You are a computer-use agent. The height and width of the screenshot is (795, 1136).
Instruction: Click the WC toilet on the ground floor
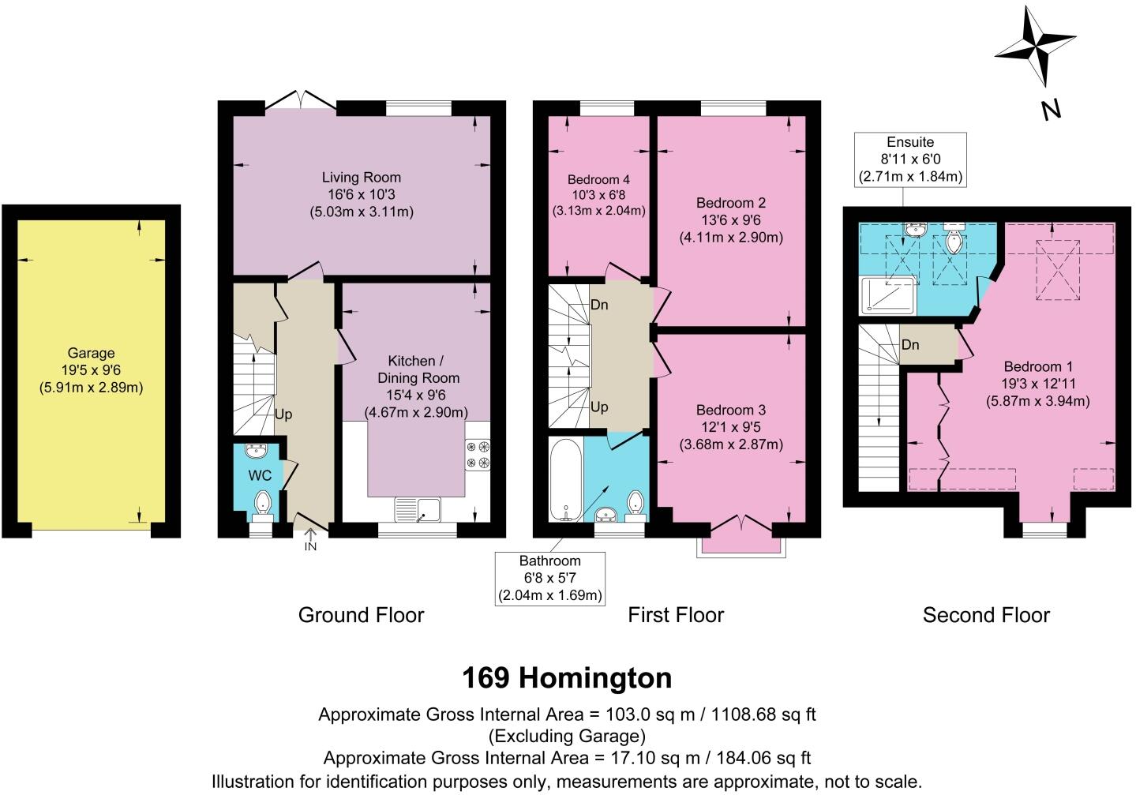pyautogui.click(x=262, y=503)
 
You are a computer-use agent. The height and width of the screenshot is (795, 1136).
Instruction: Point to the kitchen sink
pyautogui.click(x=418, y=508)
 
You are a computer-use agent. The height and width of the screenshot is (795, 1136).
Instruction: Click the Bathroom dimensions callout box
pyautogui.click(x=549, y=578)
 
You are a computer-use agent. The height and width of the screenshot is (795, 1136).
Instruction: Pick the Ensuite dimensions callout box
pyautogui.click(x=910, y=159)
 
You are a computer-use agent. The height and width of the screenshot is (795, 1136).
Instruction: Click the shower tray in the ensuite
pyautogui.click(x=890, y=294)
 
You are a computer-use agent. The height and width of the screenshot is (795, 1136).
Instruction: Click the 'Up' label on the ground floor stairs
pyautogui.click(x=283, y=414)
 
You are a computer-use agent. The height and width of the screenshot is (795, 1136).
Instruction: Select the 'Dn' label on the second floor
pyautogui.click(x=910, y=345)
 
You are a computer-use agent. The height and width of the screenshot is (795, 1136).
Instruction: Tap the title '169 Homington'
pyautogui.click(x=567, y=677)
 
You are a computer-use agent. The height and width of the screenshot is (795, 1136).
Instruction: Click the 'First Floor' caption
pyautogui.click(x=676, y=615)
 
